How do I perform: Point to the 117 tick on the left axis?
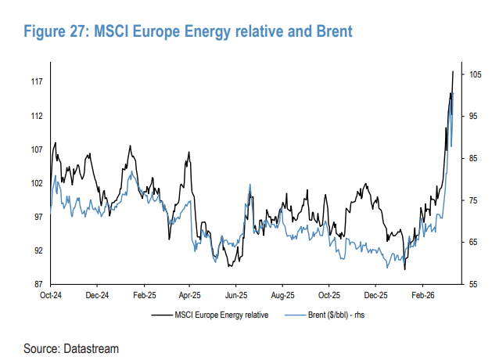(36, 82)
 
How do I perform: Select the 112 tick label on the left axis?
(36, 116)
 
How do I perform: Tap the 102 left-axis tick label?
(36, 183)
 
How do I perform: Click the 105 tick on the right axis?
(475, 74)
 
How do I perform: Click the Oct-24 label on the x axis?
(51, 297)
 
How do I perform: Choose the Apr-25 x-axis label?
(190, 297)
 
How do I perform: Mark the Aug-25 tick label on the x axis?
(282, 297)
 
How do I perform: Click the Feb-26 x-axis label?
(422, 297)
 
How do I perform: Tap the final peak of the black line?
(453, 71)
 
